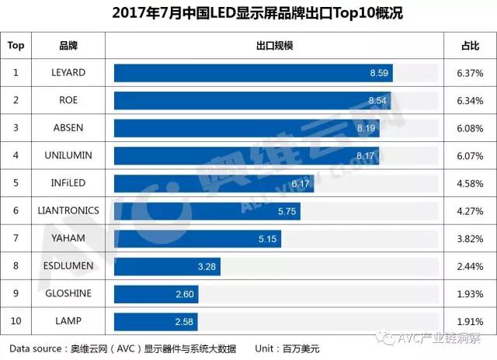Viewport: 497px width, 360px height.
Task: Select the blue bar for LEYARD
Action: (253, 73)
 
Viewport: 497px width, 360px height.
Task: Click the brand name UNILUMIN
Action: (68, 155)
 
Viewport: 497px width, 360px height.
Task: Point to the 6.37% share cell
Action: (470, 73)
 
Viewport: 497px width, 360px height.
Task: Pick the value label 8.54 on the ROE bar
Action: (377, 100)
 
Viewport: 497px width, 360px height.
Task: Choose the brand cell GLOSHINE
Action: (68, 293)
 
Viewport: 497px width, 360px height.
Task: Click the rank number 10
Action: (16, 320)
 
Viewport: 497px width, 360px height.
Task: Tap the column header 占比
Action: (470, 45)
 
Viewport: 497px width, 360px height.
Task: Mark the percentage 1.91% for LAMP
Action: (470, 320)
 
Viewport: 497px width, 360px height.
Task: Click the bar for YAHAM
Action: (197, 238)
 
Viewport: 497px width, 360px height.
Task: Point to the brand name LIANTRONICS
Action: (68, 210)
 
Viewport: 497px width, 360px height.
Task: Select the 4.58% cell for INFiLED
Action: (470, 183)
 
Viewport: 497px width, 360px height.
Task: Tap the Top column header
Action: (16, 45)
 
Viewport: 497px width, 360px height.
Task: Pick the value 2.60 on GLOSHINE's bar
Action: (186, 294)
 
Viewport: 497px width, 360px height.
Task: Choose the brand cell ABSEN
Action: (68, 128)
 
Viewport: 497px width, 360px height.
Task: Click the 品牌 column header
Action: (68, 45)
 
